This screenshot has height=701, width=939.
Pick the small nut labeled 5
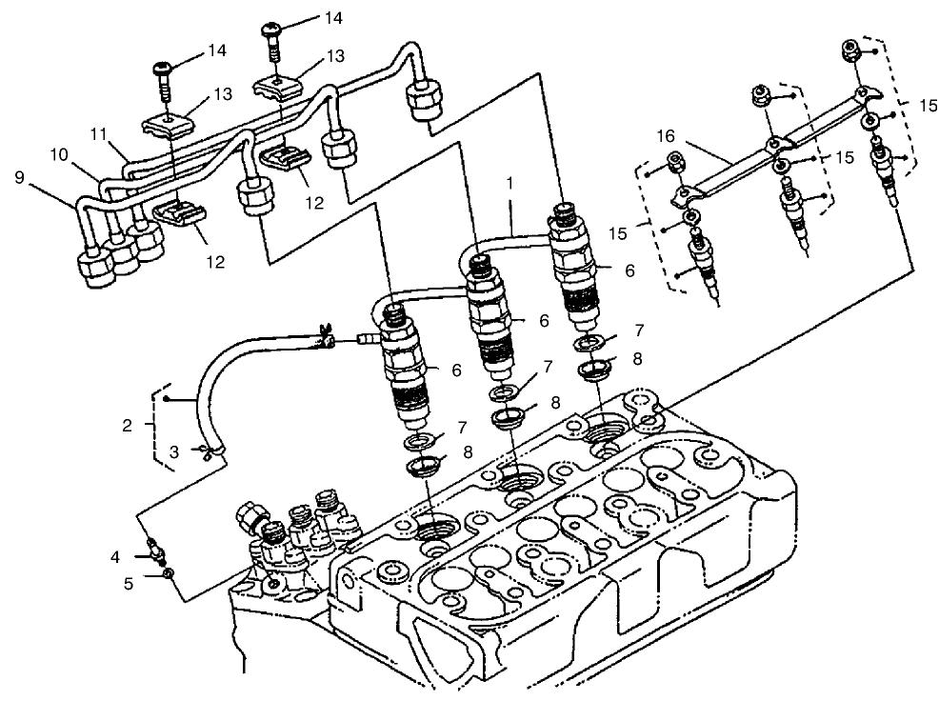click(167, 574)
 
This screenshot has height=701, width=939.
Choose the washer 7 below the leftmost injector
click(416, 442)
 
